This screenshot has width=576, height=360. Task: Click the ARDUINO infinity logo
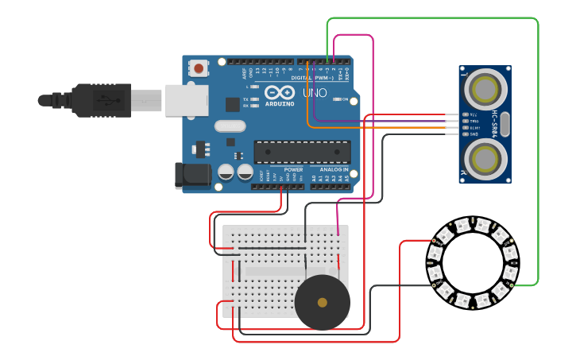(279, 92)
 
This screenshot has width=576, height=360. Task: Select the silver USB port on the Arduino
(187, 101)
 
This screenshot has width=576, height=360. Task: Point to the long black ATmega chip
(302, 152)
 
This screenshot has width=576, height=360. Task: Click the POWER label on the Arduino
(293, 169)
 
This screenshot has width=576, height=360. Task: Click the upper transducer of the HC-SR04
(485, 88)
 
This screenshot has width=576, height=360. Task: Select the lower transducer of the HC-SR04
(485, 160)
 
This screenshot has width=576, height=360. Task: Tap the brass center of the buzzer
(322, 303)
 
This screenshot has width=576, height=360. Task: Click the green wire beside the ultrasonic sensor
(538, 159)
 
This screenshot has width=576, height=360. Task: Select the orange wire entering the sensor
(381, 127)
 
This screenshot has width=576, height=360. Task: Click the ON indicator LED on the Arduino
(335, 99)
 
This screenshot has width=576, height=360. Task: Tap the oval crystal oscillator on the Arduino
(230, 125)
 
